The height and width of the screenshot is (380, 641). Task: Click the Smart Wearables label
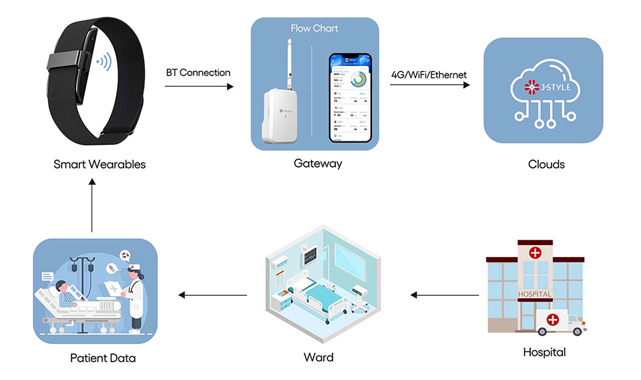coord(99,164)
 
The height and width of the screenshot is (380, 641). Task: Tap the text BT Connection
coord(198,73)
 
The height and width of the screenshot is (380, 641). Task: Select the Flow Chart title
coord(314,29)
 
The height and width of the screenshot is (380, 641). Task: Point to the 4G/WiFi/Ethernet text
coord(429,74)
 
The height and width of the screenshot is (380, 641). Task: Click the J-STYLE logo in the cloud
coord(542,87)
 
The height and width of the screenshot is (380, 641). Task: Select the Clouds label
coord(546,164)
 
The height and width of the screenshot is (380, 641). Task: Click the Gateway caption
coord(318,164)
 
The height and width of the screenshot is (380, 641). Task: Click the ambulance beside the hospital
coord(560,321)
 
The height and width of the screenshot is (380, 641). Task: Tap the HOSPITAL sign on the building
coord(535,295)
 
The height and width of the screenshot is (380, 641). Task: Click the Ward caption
coord(318,357)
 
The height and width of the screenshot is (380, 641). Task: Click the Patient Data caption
coord(103,358)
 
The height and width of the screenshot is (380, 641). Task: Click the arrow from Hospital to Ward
coord(445,295)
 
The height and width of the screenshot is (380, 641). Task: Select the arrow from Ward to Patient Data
coord(213,295)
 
